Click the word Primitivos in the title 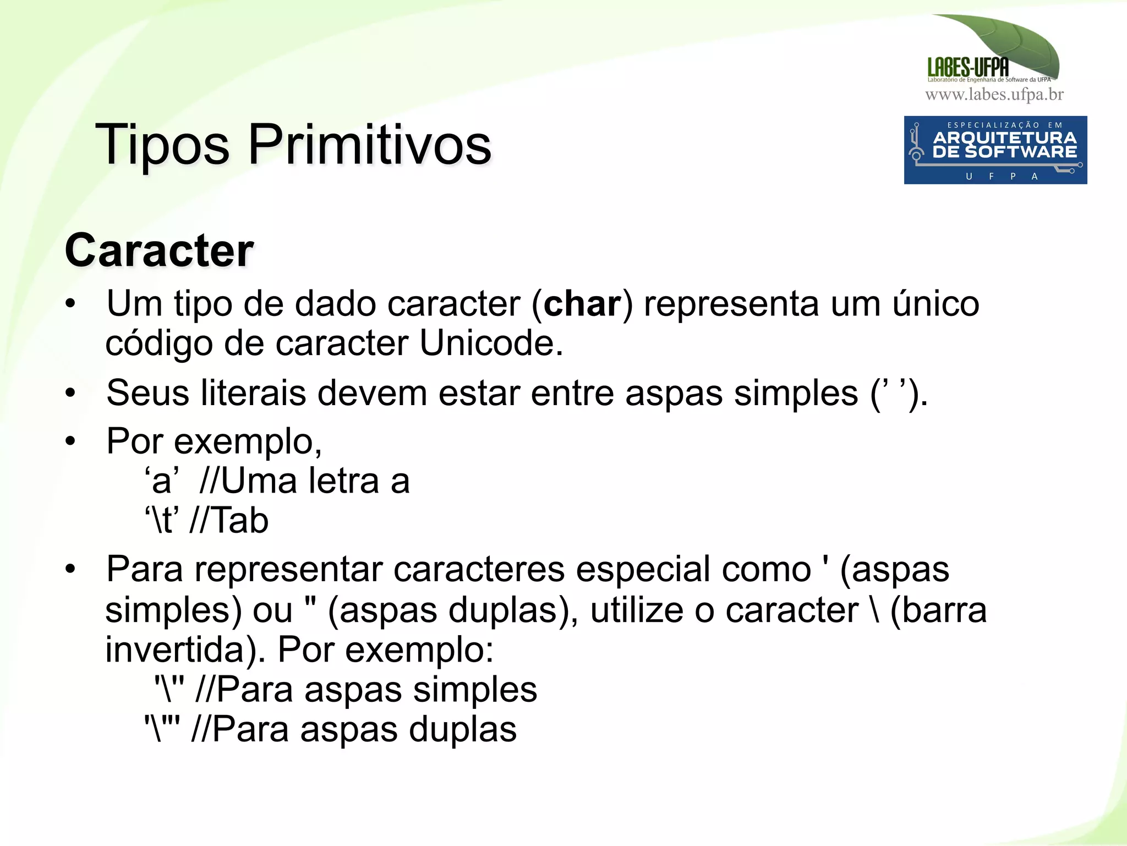369,145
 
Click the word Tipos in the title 162,145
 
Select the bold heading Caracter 159,251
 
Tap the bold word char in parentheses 582,304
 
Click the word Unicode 491,343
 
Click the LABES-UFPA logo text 968,68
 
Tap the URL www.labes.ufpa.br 994,95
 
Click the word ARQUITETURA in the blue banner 1004,138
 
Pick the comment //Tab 228,521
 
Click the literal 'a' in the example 162,481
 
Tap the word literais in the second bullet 253,394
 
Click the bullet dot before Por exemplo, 70,441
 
